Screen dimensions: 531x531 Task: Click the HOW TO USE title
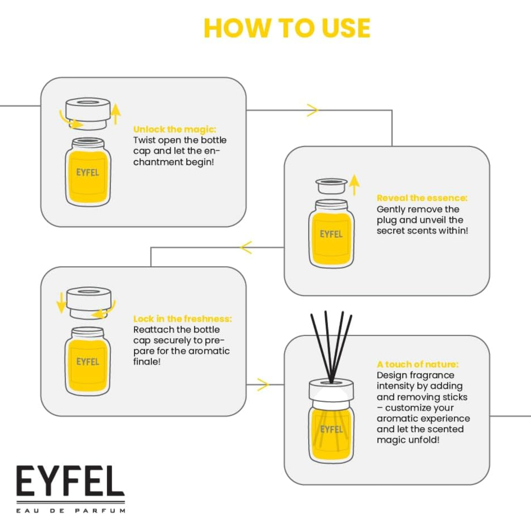287,28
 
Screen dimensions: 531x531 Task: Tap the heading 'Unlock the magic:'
175,129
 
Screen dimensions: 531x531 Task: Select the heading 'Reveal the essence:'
422,198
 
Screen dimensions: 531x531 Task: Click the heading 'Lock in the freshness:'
183,319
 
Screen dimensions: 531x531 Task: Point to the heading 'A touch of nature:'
418,364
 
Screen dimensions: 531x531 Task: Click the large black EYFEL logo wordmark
70,481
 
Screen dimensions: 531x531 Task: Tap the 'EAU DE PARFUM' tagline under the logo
71,511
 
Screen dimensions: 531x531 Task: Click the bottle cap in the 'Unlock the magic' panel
88,113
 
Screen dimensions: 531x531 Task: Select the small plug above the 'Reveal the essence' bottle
331,186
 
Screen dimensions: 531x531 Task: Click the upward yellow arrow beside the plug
354,185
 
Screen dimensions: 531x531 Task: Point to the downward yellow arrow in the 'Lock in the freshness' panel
61,302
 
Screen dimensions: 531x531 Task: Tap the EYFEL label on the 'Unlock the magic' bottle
87,172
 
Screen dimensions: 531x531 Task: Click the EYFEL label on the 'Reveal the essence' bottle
331,234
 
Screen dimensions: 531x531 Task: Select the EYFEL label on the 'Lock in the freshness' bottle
87,362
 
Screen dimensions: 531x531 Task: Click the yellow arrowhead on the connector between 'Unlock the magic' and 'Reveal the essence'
312,110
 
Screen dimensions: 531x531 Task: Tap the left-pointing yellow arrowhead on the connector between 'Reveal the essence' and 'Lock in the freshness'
246,247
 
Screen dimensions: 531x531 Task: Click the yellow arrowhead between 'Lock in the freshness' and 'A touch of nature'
263,385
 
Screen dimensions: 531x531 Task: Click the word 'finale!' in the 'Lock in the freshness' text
147,361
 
